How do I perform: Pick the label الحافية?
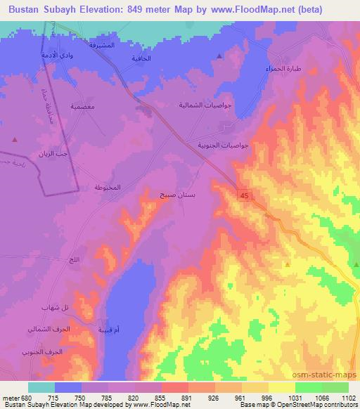[x=142, y=58]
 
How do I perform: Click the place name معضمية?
[x=83, y=106]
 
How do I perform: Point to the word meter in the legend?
[x=12, y=398]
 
